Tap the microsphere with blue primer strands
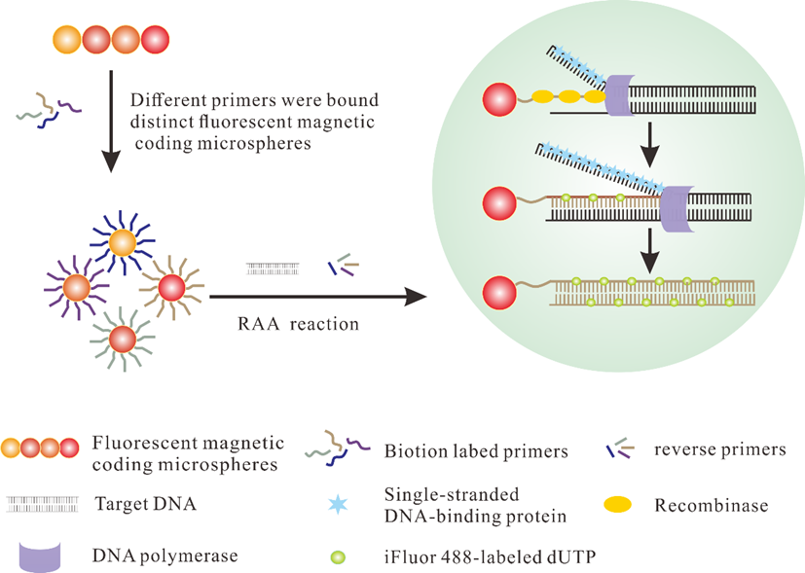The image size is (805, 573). click(124, 244)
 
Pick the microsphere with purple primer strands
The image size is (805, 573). click(76, 288)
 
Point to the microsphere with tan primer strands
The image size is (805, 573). click(171, 287)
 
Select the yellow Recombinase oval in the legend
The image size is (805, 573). click(618, 505)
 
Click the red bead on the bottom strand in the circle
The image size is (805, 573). click(501, 292)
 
